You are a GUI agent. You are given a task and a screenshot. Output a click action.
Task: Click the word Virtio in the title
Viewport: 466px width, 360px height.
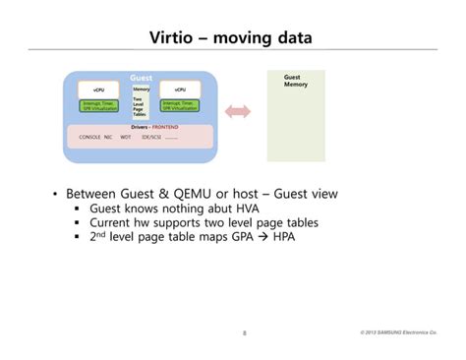(176, 39)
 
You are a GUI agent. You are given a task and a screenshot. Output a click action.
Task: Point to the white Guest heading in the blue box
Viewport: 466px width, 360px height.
(141, 77)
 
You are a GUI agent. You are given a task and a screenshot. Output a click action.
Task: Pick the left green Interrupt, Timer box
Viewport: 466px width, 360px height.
(99, 104)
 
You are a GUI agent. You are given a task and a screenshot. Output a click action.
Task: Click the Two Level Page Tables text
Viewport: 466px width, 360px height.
(140, 109)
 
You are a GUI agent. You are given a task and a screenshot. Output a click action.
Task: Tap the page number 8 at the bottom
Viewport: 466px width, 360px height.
(244, 333)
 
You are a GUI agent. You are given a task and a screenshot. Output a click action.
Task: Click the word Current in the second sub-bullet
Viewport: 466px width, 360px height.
(116, 223)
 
